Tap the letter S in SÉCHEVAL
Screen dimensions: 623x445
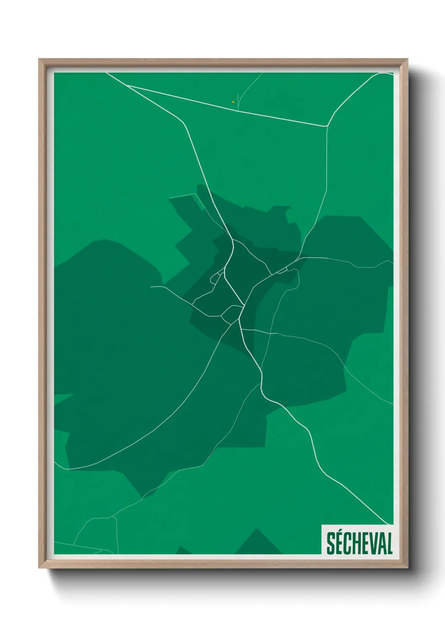tap(331, 543)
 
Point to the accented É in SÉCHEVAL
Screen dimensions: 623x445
tap(340, 543)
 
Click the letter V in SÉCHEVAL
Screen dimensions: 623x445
tap(371, 543)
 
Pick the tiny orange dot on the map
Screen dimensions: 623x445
tap(233, 101)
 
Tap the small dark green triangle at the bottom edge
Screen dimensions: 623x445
tap(183, 551)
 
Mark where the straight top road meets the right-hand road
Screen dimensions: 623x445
tap(327, 126)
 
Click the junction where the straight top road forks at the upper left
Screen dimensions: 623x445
tap(127, 85)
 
